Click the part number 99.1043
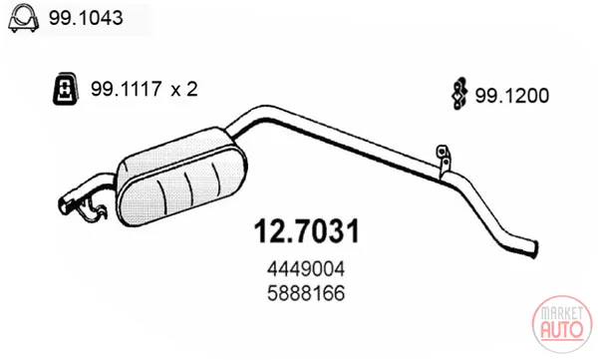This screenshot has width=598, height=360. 86,18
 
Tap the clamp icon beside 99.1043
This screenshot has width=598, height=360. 24,18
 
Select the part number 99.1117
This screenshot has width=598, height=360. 127,89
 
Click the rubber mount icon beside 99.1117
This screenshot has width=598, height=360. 66,88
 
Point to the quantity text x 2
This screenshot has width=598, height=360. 184,90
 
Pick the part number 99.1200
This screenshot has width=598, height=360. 512,96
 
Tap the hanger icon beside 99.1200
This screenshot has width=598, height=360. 459,94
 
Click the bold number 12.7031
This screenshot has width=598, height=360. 307,231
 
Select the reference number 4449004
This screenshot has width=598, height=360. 306,269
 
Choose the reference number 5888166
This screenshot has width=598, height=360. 306,293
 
